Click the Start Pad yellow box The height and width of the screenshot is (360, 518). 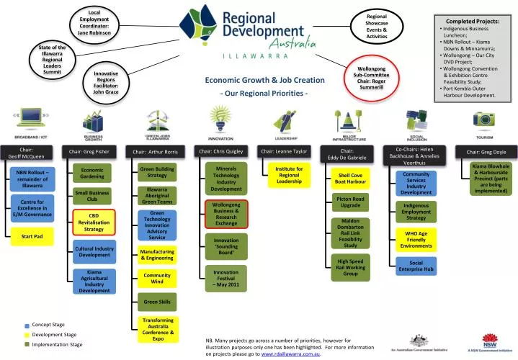[32, 236]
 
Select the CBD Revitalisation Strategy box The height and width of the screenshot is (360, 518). [93, 222]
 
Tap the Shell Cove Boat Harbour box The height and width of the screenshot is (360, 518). [349, 179]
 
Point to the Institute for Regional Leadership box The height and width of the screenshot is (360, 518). [288, 175]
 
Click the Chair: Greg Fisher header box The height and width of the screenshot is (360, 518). [89, 151]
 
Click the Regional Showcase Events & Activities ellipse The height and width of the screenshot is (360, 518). [377, 26]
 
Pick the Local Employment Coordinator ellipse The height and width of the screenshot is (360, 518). [94, 23]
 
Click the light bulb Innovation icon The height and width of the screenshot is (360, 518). [220, 118]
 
